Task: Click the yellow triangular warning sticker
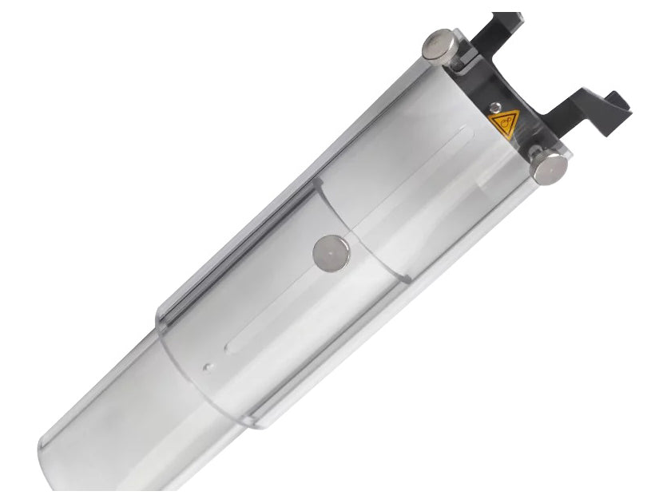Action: [504, 123]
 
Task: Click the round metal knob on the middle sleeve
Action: [332, 252]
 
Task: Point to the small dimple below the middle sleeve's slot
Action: [208, 368]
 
